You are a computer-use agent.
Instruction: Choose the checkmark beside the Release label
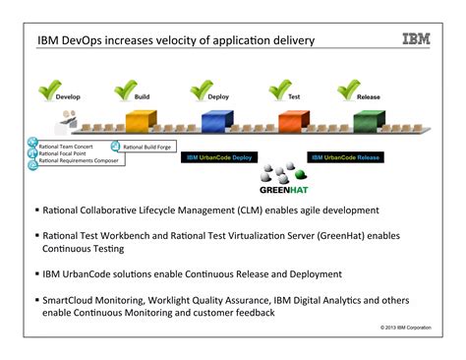(x=347, y=90)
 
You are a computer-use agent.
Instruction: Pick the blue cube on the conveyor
(x=216, y=121)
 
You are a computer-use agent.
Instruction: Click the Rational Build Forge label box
(x=147, y=146)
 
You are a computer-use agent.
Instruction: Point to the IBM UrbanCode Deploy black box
(x=218, y=156)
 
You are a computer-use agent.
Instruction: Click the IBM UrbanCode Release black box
(x=345, y=156)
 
